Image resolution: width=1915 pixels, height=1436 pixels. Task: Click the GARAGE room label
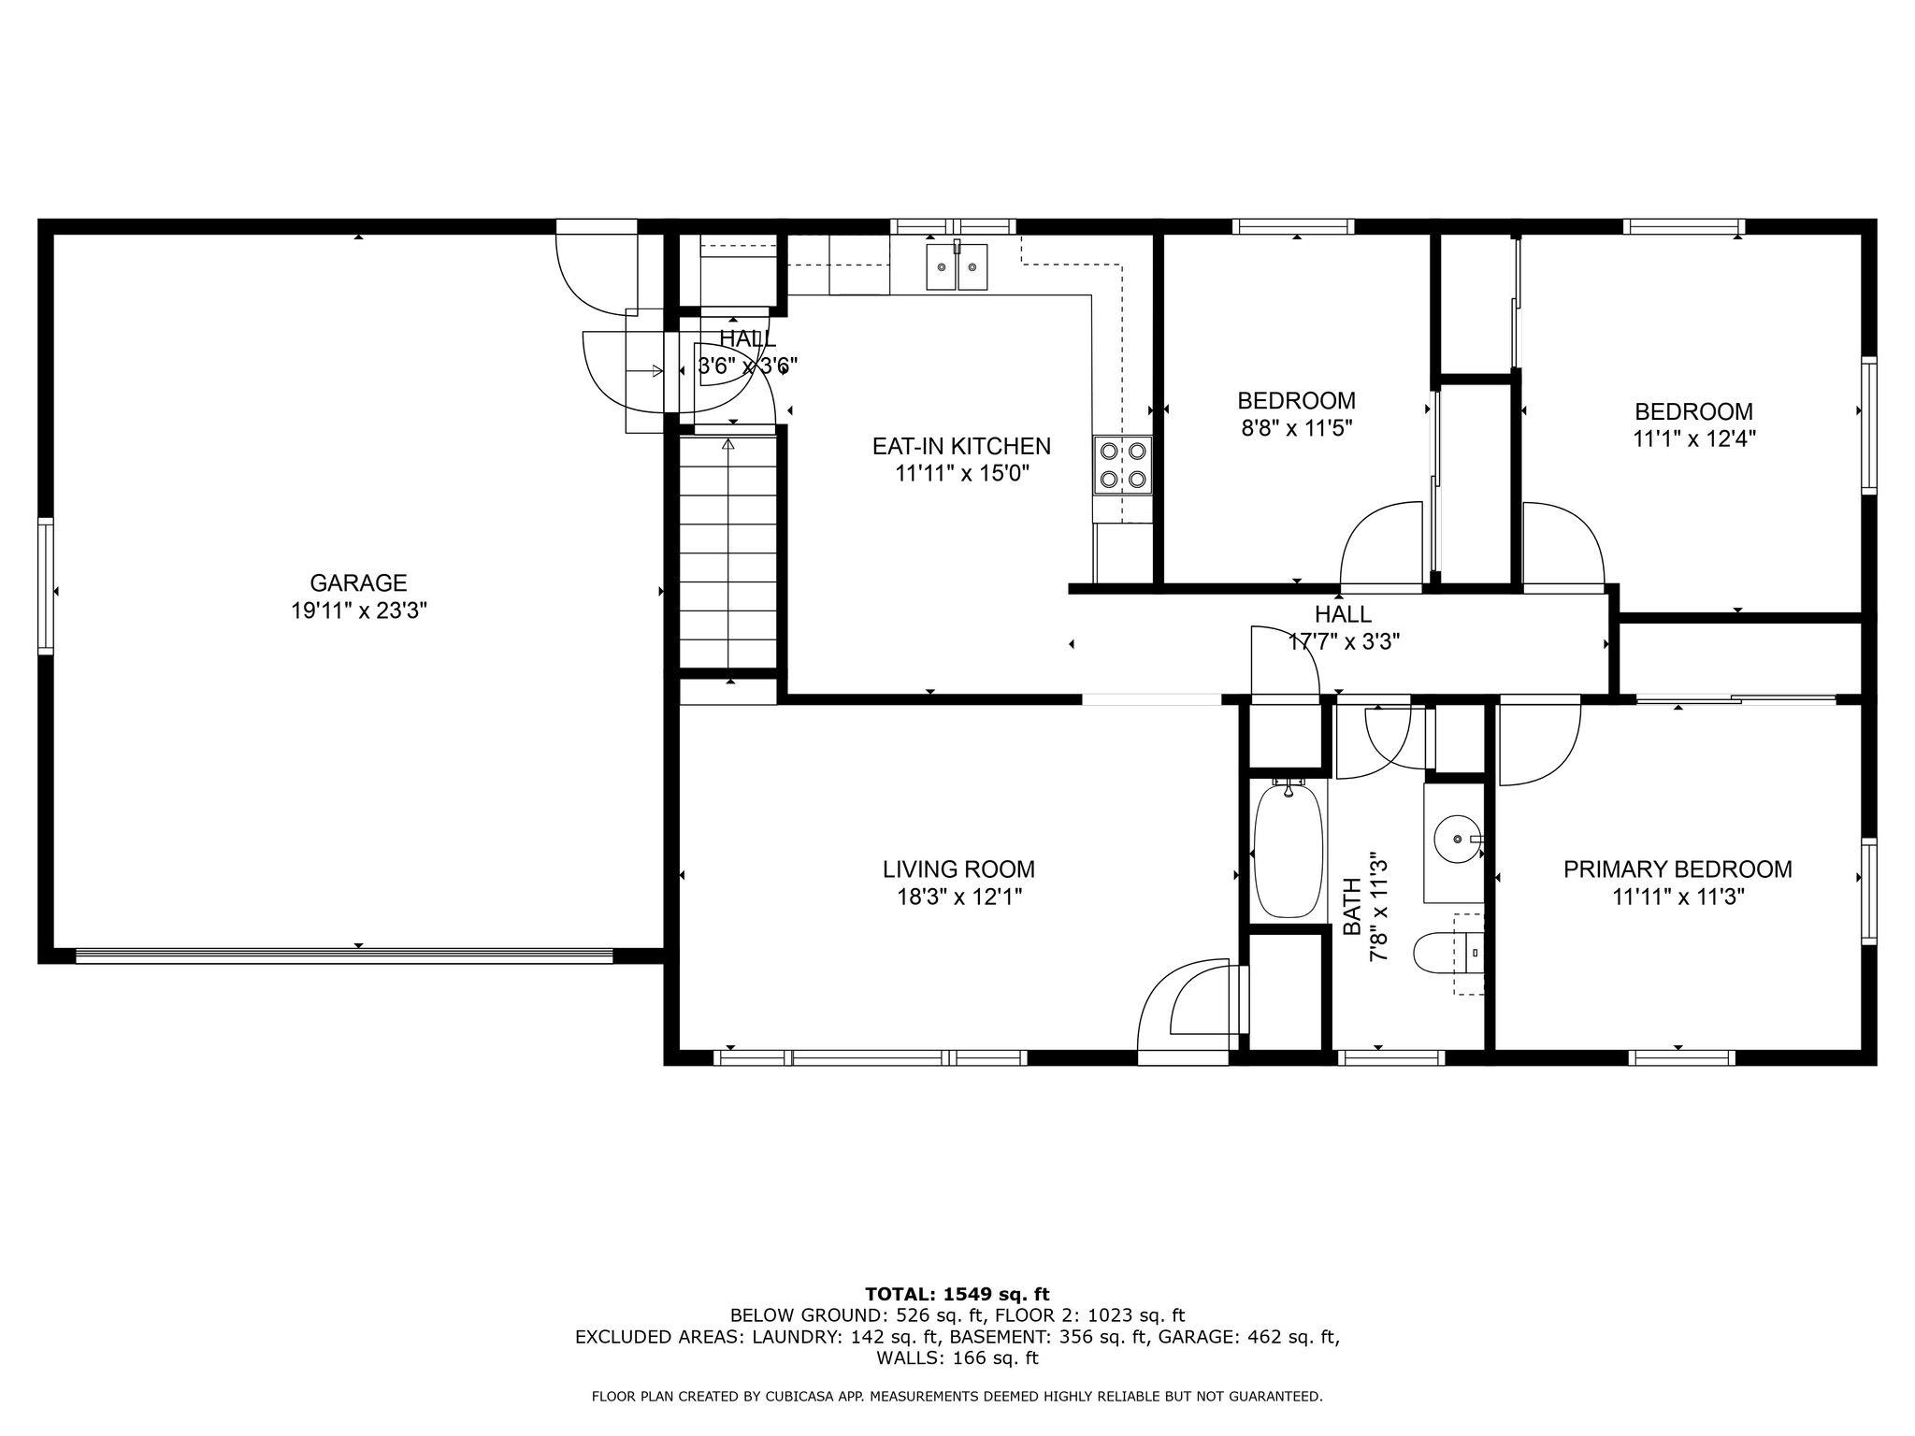point(358,583)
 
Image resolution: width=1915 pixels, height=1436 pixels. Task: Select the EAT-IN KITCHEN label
point(961,447)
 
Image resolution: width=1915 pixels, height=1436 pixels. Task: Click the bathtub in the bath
point(1289,851)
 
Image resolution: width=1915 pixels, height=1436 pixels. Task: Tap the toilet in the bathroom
point(1448,954)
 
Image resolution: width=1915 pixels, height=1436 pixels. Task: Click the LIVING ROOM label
point(958,870)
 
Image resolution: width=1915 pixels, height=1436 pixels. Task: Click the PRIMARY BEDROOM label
point(1677,870)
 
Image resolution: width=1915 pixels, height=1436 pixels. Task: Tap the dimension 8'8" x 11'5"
point(1296,429)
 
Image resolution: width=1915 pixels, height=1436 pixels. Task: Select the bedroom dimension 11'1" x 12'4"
point(1693,439)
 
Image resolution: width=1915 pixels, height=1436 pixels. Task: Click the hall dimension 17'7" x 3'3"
point(1343,642)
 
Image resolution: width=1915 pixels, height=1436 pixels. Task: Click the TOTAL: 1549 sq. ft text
point(957,1295)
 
